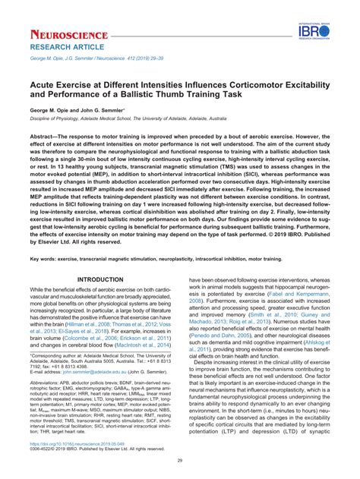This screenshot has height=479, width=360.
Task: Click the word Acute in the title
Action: point(46,87)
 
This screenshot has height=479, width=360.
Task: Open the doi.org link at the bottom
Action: point(75,443)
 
